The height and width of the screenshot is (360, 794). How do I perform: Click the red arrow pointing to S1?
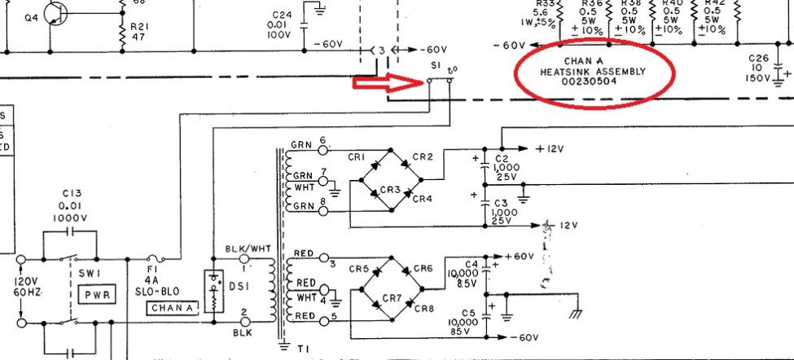(x=386, y=82)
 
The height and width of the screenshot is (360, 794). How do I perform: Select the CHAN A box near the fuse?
(x=171, y=308)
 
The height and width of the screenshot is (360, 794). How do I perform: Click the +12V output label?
(x=551, y=149)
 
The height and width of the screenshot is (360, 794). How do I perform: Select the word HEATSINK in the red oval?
(x=566, y=71)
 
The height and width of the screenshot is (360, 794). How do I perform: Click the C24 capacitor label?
(x=282, y=15)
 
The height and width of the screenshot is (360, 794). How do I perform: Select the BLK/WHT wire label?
(x=240, y=249)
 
